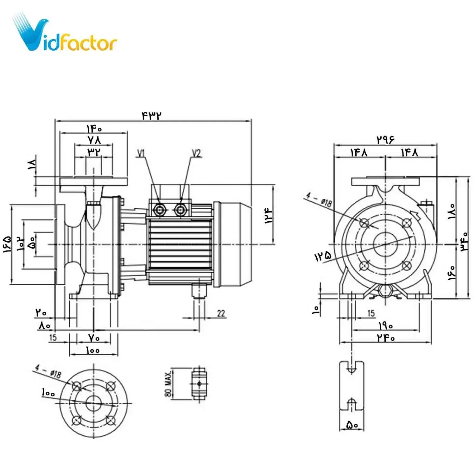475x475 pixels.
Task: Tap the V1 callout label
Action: coord(141,154)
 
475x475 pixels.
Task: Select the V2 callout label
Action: coord(196,154)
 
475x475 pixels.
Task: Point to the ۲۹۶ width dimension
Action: coord(385,139)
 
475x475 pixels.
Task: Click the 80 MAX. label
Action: coord(168,384)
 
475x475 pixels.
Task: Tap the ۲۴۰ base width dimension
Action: coord(386,338)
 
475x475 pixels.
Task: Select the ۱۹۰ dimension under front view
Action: coord(385,326)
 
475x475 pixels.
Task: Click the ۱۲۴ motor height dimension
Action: coord(269,216)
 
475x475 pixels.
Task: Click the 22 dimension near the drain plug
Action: coord(221,313)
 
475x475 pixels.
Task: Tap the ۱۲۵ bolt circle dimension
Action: coord(323,256)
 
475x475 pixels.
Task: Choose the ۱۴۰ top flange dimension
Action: coord(94,129)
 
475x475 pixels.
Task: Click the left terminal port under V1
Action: coord(159,209)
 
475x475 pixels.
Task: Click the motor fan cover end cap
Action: coord(236,244)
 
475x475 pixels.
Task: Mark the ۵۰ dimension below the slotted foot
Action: coord(352,425)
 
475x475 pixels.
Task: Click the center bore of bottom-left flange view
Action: coord(93,403)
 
